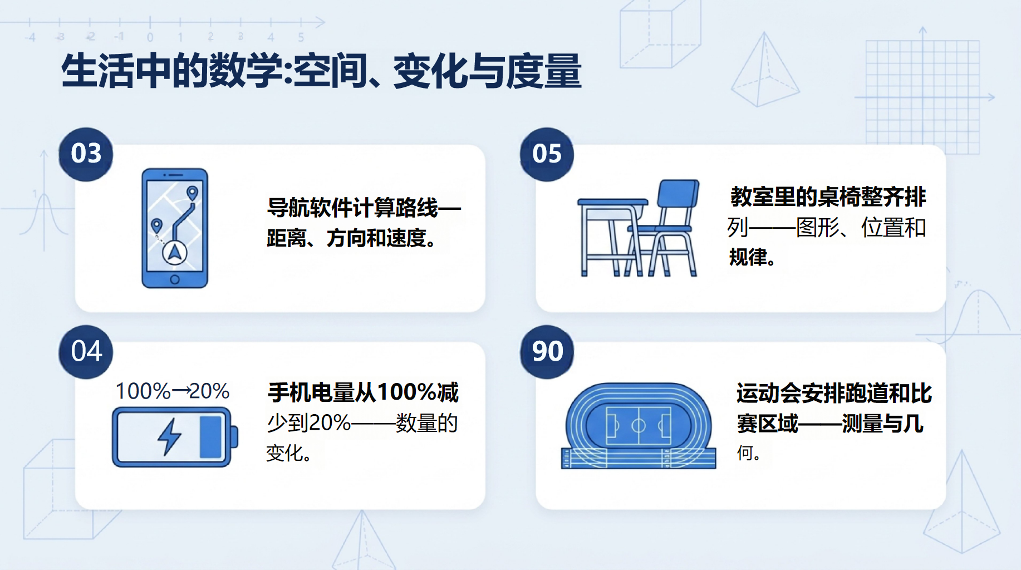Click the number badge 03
[x=86, y=154]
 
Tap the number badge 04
[x=86, y=352]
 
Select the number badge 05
[x=547, y=154]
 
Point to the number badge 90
[x=547, y=352]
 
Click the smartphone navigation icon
[x=175, y=228]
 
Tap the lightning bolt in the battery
[x=169, y=437]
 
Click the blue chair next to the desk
[x=665, y=228]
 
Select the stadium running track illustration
[x=639, y=426]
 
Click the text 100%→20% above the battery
[x=173, y=391]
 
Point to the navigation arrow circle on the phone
[x=175, y=253]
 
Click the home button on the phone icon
[x=175, y=279]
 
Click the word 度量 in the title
[x=544, y=71]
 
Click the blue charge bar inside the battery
[x=210, y=437]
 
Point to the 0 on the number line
[x=150, y=37]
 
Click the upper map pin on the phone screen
[x=193, y=193]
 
